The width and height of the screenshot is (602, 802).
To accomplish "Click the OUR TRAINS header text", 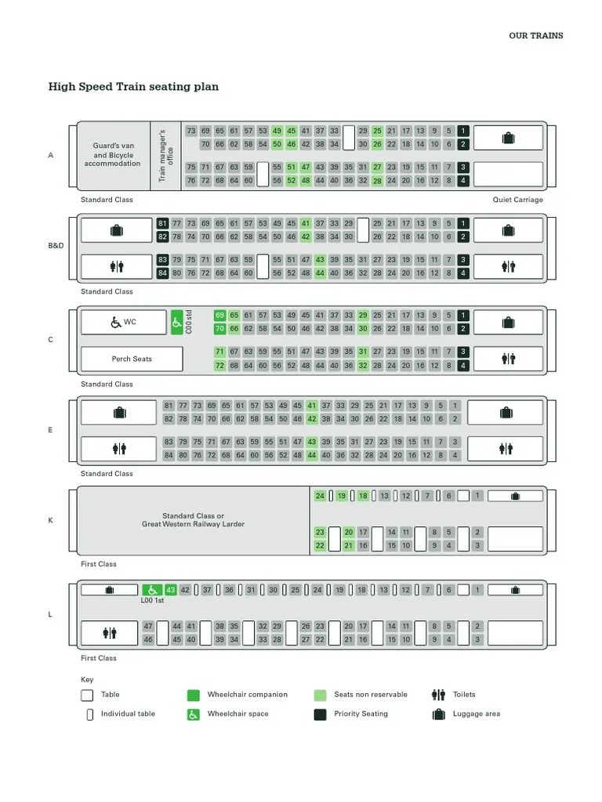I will (x=535, y=36).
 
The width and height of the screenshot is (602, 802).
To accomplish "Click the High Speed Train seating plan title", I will (x=133, y=87).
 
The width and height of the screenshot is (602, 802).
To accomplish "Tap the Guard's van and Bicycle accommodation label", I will (x=112, y=155).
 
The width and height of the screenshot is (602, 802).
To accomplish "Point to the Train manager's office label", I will (x=166, y=155).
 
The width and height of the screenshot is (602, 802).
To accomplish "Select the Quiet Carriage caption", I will (x=517, y=200).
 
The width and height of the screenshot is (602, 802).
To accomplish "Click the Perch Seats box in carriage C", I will (x=132, y=359).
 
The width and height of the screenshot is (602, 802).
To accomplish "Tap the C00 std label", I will (x=190, y=322).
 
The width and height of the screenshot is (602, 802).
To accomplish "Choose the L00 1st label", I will (x=152, y=601).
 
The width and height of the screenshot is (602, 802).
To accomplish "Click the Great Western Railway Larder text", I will (x=193, y=524).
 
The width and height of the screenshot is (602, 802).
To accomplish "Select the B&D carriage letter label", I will (x=56, y=246).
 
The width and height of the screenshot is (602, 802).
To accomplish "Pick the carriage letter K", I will (x=51, y=521).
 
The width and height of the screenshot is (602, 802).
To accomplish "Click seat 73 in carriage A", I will (x=191, y=131).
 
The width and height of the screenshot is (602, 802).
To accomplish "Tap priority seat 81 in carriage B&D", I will (x=162, y=223).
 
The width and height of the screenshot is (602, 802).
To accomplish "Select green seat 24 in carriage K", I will (x=320, y=496).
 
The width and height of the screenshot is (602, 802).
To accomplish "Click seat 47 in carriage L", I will (x=148, y=627).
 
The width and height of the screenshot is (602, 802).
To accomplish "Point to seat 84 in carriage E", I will (x=169, y=455).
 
